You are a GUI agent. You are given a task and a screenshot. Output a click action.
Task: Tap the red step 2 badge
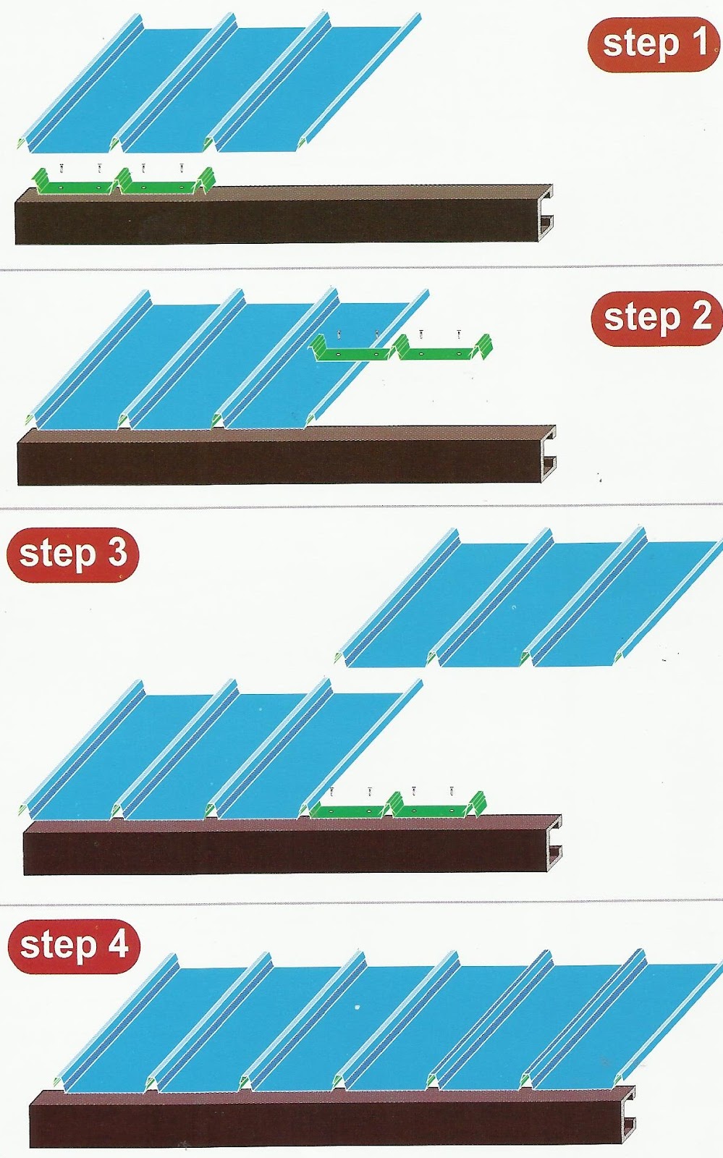(656, 318)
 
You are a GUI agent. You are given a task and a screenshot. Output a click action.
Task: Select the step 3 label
(72, 554)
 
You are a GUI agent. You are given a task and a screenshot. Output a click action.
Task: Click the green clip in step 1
(123, 181)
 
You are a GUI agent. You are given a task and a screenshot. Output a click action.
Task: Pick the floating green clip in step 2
(402, 348)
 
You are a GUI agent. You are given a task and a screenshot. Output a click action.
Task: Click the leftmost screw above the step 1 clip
(62, 167)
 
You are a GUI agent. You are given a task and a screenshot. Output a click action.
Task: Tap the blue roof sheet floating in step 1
(219, 83)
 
